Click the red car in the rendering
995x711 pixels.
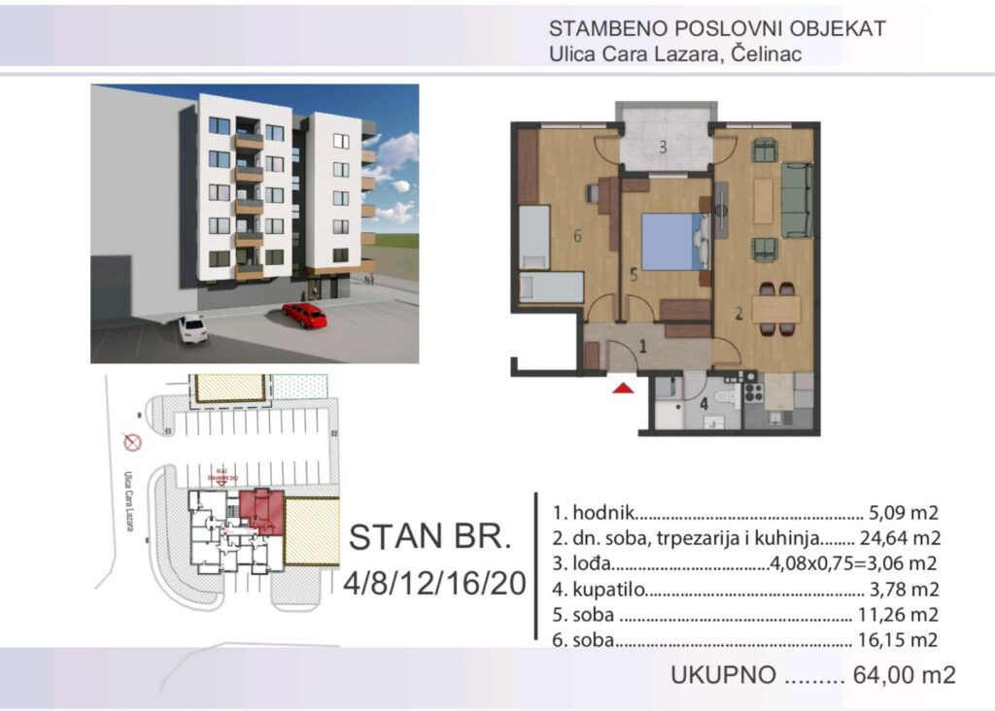click(304, 315)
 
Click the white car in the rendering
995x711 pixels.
click(192, 328)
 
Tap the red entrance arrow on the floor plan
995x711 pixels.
click(623, 388)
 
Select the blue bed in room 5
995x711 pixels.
click(669, 242)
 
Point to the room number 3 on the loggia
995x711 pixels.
click(662, 149)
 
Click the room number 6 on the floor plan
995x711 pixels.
click(577, 235)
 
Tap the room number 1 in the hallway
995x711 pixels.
click(642, 345)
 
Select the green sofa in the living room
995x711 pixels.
click(798, 199)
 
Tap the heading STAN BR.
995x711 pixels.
click(427, 537)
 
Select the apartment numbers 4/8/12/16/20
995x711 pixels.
click(434, 583)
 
